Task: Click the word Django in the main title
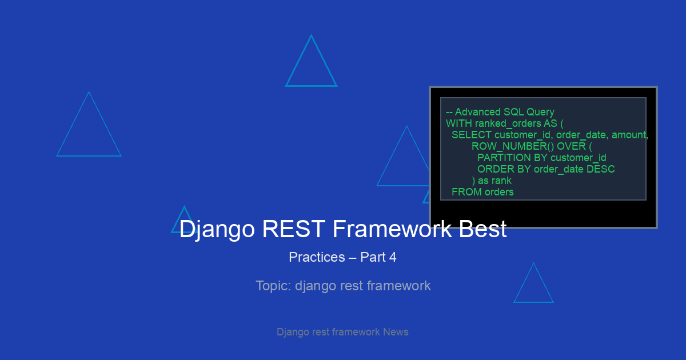point(217,230)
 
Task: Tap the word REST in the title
point(294,229)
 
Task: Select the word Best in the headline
point(482,229)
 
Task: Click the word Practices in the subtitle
point(317,257)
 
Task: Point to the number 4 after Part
point(393,257)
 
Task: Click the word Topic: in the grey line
point(273,286)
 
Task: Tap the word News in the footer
point(396,332)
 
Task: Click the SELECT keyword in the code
point(471,135)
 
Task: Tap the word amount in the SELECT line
point(630,135)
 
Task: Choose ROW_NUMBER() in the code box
point(513,146)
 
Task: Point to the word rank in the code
point(501,181)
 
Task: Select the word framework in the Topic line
point(399,286)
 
